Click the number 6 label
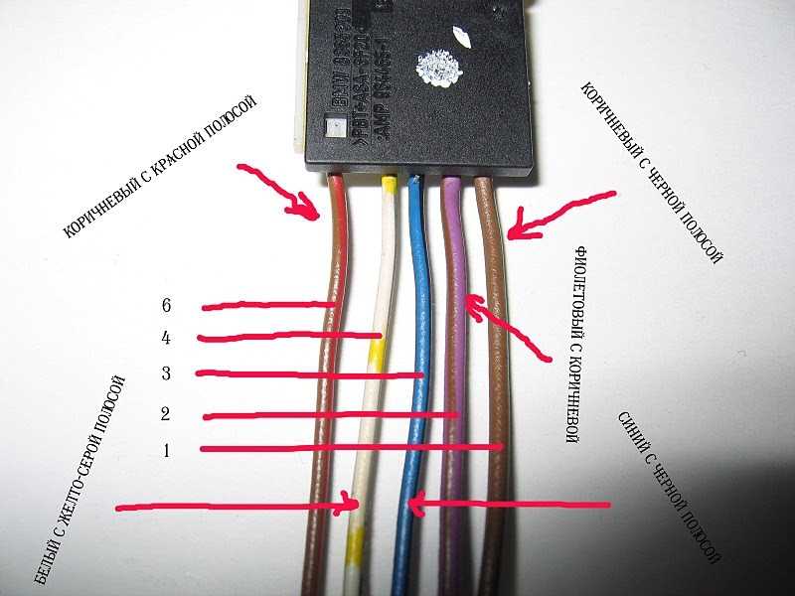coord(166,305)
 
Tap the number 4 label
coord(166,338)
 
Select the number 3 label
coord(166,372)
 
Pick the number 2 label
coord(166,413)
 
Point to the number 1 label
coord(166,449)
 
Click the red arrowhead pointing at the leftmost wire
coord(309,208)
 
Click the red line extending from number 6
coord(263,305)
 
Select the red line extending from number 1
coord(348,449)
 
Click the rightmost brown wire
coord(492,397)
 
